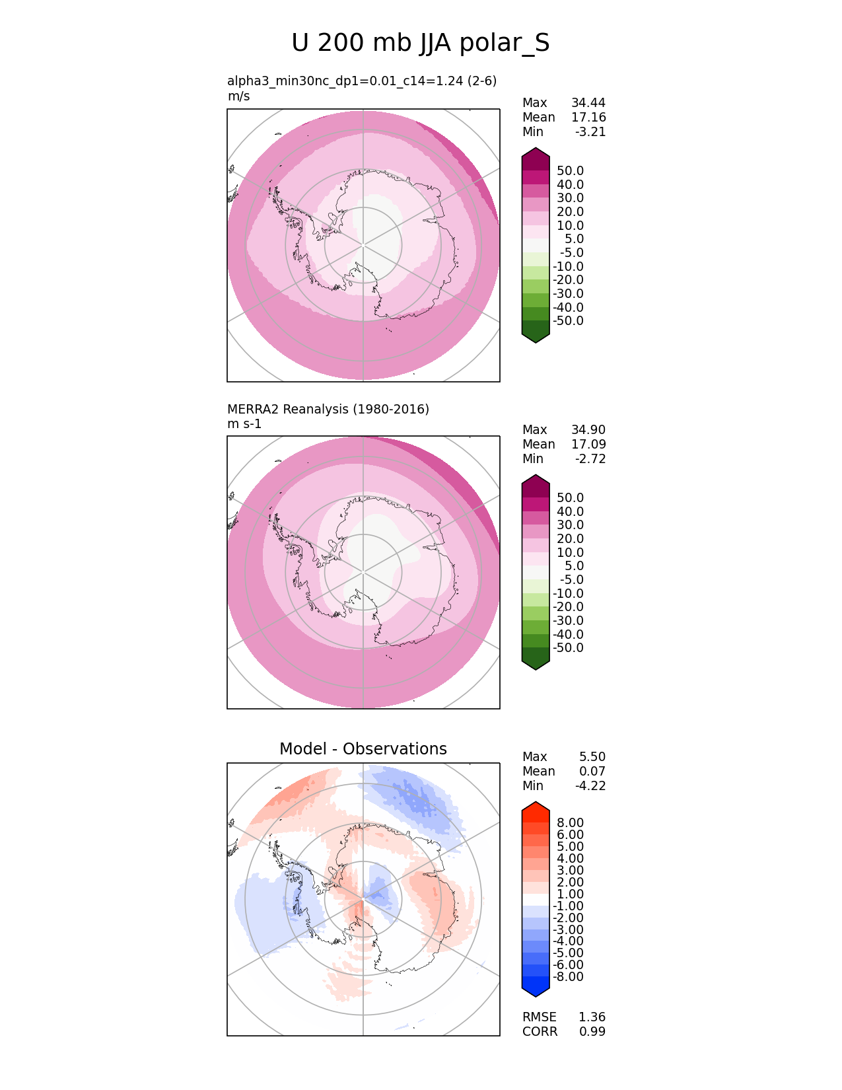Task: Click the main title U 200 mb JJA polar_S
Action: click(421, 44)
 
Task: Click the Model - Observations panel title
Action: click(363, 749)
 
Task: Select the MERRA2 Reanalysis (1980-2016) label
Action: click(328, 410)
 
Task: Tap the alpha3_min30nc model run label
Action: click(362, 81)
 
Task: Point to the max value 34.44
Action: click(588, 103)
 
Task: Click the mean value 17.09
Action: click(588, 445)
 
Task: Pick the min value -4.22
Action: click(590, 786)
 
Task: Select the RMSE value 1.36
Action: click(592, 1017)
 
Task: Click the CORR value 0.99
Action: click(592, 1032)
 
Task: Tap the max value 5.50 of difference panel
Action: click(592, 757)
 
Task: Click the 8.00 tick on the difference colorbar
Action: click(571, 823)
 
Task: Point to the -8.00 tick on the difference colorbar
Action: click(569, 977)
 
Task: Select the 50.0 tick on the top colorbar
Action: click(571, 171)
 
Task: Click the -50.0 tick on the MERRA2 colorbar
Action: click(569, 648)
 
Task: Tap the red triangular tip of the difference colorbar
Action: click(536, 807)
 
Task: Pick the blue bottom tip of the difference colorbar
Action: click(536, 989)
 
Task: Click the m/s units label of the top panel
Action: click(238, 96)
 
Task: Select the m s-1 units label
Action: click(244, 424)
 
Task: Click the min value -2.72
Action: click(590, 459)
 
